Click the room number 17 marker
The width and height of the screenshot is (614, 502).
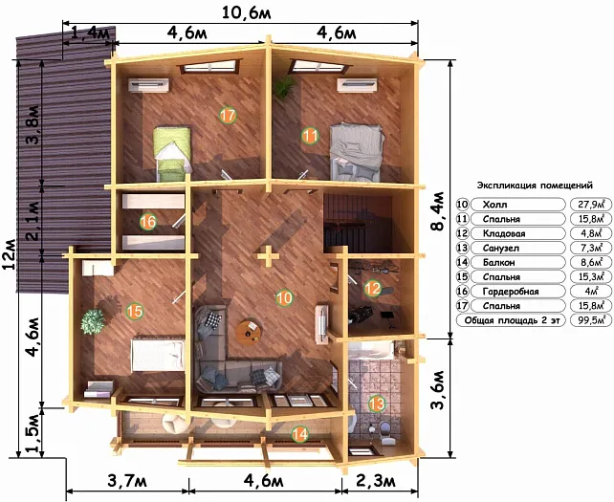pyautogui.click(x=228, y=115)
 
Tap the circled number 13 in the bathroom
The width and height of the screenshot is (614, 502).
pyautogui.click(x=377, y=404)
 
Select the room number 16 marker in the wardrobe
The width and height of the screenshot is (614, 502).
pyautogui.click(x=148, y=222)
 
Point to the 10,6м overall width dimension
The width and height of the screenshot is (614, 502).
pyautogui.click(x=247, y=13)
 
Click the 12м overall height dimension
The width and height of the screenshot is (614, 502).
pyautogui.click(x=9, y=253)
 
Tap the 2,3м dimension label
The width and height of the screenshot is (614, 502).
pyautogui.click(x=376, y=480)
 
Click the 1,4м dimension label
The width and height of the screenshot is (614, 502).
pyautogui.click(x=91, y=33)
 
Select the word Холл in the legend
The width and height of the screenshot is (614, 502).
pyautogui.click(x=495, y=205)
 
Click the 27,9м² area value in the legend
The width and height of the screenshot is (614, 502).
pyautogui.click(x=590, y=205)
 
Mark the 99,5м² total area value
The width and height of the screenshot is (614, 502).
pyautogui.click(x=590, y=320)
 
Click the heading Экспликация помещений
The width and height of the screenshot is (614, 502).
pyautogui.click(x=535, y=186)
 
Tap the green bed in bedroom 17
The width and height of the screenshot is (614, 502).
pyautogui.click(x=172, y=153)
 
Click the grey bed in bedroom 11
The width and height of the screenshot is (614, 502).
pyautogui.click(x=356, y=152)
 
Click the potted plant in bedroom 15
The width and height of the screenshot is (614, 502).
pyautogui.click(x=93, y=321)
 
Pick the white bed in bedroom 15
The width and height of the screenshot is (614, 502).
pyautogui.click(x=158, y=355)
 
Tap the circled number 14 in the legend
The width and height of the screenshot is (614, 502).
pyautogui.click(x=463, y=263)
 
